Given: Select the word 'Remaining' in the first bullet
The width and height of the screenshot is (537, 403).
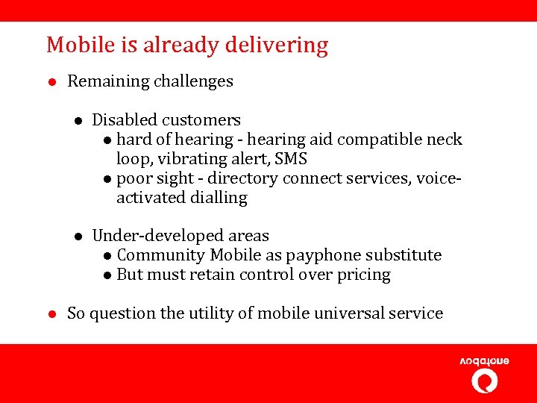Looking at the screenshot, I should coord(108,81).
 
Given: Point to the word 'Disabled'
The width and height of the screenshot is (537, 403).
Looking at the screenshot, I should coord(125,120).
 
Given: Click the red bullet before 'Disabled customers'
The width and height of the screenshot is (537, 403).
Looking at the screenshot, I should coord(78,121).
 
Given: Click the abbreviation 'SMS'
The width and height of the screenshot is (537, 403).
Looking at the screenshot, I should coord(291,159).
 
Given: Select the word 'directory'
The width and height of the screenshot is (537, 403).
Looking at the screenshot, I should coord(243,178).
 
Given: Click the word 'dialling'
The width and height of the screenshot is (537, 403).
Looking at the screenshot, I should coord(218,198).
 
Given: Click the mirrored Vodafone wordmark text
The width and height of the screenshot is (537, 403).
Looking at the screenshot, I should coord(484,361).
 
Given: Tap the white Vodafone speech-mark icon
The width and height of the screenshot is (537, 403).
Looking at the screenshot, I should coord(485,381).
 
